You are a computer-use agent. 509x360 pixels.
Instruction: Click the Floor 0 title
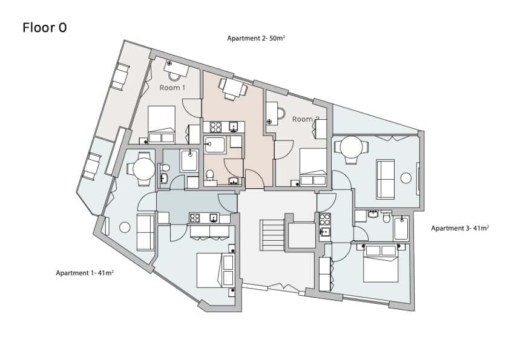(x=44, y=28)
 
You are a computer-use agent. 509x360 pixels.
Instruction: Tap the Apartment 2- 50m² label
(x=256, y=38)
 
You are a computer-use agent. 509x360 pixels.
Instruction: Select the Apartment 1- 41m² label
(x=85, y=273)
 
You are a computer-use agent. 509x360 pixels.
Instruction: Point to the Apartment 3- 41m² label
(x=460, y=228)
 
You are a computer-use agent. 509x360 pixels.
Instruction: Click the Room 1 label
(x=172, y=88)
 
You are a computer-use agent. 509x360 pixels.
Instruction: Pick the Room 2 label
(x=306, y=119)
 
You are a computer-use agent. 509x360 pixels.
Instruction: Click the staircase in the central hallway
(x=272, y=235)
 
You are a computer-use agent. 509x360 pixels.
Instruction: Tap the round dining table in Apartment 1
(x=144, y=169)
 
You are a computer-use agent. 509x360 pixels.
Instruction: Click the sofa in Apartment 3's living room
(x=386, y=179)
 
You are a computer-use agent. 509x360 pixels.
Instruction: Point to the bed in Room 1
(x=162, y=125)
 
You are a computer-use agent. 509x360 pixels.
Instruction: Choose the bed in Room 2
(x=313, y=167)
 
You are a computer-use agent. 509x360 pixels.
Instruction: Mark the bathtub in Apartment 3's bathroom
(x=401, y=229)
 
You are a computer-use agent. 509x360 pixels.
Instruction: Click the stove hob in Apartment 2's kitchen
(x=215, y=127)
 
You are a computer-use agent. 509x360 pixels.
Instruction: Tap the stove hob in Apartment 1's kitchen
(x=195, y=218)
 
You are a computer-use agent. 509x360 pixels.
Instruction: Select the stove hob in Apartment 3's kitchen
(x=325, y=220)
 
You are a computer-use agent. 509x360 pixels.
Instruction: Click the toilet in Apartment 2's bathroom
(x=210, y=175)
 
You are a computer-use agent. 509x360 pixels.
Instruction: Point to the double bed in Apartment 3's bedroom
(x=381, y=264)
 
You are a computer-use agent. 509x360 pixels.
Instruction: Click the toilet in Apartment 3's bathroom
(x=386, y=217)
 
